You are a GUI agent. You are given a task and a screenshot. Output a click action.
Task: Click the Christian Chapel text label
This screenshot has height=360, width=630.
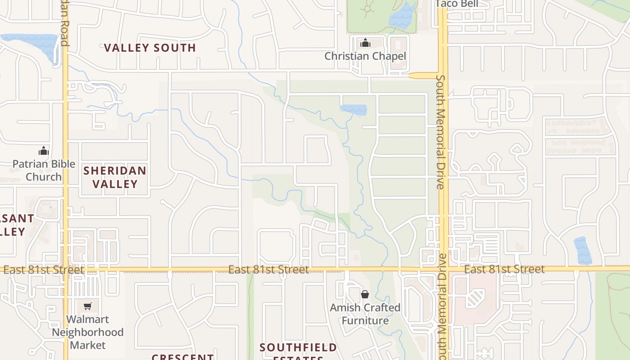365,56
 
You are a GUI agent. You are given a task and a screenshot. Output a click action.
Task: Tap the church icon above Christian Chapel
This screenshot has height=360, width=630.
365,43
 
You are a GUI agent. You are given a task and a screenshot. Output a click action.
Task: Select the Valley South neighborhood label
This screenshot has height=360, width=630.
150,48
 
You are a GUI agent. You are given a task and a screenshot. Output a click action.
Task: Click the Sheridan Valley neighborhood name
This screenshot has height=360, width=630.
115,177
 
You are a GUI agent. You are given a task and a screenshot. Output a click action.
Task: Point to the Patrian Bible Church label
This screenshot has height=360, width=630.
44,170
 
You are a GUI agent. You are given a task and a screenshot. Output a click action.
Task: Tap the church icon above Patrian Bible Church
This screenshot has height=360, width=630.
44,150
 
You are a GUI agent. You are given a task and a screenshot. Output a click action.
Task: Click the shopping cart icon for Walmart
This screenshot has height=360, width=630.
88,306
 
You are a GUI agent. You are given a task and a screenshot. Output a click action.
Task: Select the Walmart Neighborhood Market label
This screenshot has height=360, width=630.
88,332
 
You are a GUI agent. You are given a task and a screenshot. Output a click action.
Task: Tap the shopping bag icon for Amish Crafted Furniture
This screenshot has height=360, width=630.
365,294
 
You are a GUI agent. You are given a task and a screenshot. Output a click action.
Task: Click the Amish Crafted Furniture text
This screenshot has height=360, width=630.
365,314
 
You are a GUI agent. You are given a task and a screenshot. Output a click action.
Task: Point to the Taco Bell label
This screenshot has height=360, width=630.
456,4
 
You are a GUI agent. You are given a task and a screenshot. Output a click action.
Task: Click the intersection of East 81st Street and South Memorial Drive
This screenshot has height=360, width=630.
443,270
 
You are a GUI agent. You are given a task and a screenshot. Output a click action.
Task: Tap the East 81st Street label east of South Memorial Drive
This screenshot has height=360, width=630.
504,269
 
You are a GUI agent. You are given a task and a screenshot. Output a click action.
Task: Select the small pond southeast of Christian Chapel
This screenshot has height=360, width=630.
354,109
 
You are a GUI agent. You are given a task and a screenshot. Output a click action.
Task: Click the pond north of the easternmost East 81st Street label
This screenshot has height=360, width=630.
582,250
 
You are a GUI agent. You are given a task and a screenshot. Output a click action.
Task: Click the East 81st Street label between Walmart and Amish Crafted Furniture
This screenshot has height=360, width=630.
269,270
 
